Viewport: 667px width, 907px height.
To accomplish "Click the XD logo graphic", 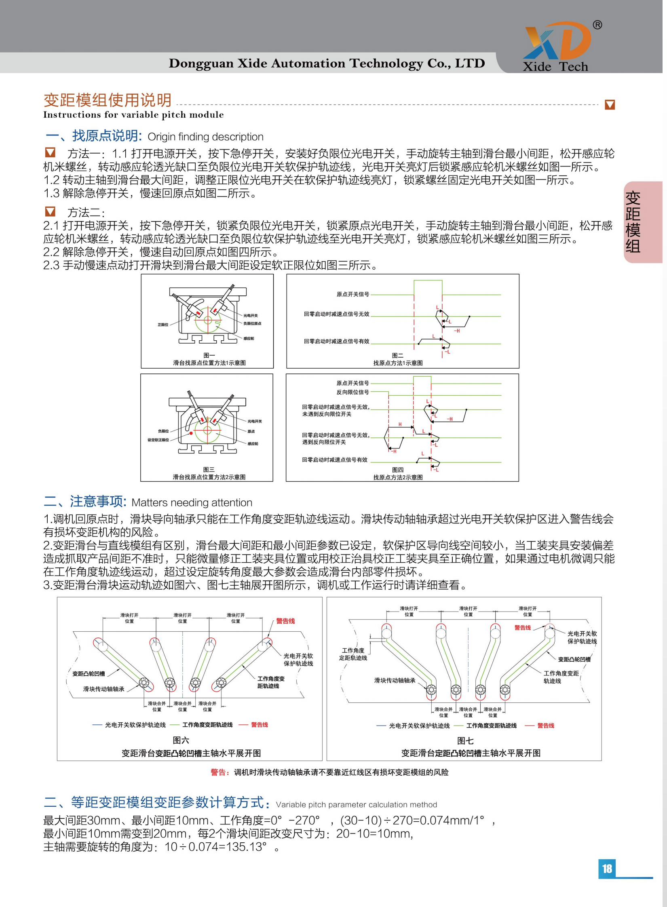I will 557,41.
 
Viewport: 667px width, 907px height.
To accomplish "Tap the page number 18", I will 606,869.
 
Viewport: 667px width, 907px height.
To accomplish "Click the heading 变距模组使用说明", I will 108,100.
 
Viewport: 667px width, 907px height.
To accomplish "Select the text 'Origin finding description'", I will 205,137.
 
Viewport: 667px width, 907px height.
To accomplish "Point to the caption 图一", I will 209,355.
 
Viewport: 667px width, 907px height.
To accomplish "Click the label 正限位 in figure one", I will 163,325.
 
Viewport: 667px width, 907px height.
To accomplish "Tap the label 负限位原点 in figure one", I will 252,323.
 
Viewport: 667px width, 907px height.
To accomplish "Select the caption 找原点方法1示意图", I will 398,363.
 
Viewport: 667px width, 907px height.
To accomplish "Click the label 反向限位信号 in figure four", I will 352,392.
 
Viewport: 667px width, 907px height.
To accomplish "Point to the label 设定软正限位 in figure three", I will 158,440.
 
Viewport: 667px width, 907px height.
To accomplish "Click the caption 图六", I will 181,740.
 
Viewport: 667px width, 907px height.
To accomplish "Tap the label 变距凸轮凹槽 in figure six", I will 89,673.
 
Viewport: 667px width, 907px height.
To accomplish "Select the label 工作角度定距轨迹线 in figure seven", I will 353,654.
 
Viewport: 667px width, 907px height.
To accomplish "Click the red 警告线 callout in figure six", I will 285,621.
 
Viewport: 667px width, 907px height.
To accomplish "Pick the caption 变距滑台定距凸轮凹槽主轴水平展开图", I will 471,753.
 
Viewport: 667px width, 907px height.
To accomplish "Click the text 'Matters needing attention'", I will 192,503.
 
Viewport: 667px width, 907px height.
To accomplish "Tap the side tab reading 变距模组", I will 633,222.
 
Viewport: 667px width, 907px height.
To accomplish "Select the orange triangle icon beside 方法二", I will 50,211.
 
